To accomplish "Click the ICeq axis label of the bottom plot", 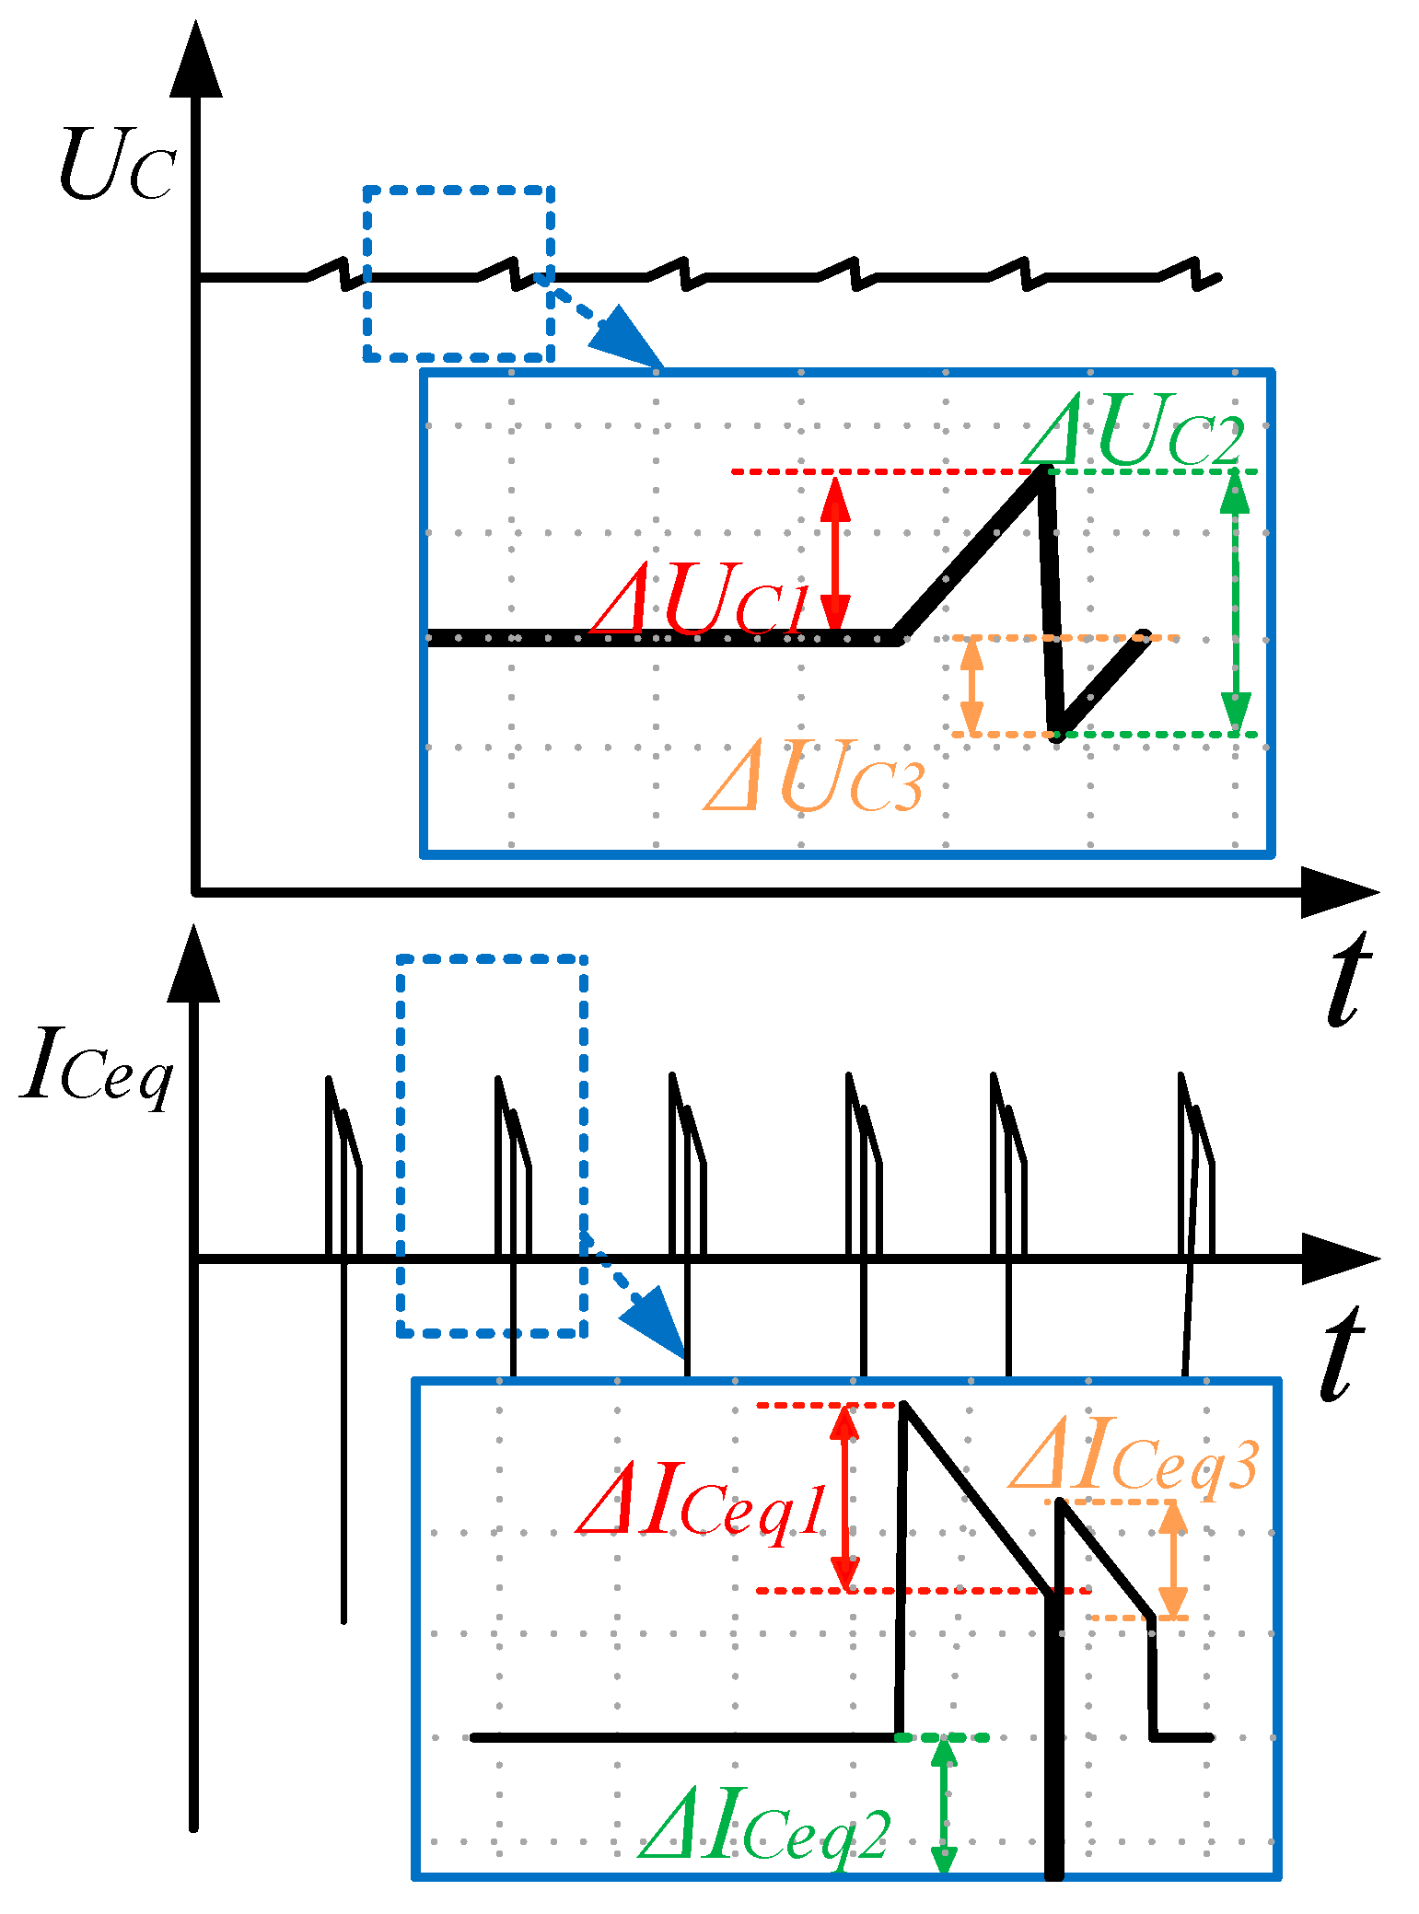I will (97, 1068).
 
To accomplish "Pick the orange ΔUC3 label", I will (814, 778).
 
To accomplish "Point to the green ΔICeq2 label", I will (764, 1827).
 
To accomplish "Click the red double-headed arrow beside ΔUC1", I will (835, 552).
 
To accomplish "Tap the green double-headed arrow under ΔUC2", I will (1235, 603).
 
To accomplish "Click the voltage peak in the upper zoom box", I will (1043, 472).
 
